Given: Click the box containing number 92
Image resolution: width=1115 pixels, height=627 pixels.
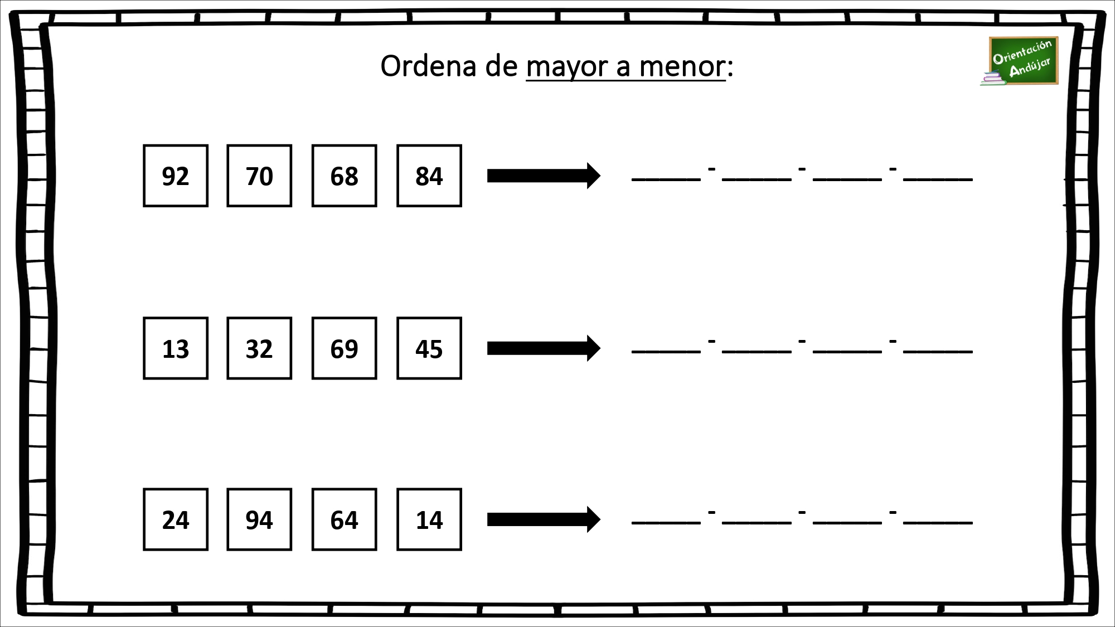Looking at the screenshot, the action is pos(176,176).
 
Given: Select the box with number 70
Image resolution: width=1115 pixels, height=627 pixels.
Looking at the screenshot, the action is pos(259,176).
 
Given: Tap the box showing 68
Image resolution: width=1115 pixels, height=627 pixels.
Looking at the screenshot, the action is pos(344,176).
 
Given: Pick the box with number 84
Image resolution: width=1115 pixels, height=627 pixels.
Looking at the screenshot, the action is pos(429,176).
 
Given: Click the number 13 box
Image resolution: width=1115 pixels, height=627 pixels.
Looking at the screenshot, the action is pos(176,348).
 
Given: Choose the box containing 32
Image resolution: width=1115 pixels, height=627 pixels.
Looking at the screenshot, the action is pos(259,348).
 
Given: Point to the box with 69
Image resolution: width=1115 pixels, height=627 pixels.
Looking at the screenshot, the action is pos(344,348).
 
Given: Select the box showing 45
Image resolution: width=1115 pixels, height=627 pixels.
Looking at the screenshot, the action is pos(429,348).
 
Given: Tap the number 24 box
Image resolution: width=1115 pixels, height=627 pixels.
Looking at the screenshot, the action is pos(176,519).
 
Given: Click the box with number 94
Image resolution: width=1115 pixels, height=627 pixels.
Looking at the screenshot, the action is pos(259,519).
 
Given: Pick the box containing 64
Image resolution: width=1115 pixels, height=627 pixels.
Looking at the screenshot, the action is pos(344,519).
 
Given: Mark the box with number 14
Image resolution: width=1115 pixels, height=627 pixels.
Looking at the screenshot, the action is pos(429,519).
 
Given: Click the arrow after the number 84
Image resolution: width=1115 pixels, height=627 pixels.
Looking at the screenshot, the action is pos(544,176).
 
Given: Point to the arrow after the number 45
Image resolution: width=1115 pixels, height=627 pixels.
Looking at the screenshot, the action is pos(544,348).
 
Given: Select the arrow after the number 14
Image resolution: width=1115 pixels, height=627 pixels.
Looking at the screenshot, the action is pos(544,519).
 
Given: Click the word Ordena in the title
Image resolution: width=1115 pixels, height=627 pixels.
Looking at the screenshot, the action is pos(429,66).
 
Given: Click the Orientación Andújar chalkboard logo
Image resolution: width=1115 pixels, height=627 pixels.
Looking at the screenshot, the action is pos(1020,61).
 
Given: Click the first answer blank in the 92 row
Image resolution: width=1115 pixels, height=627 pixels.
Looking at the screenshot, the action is pos(666,179).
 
